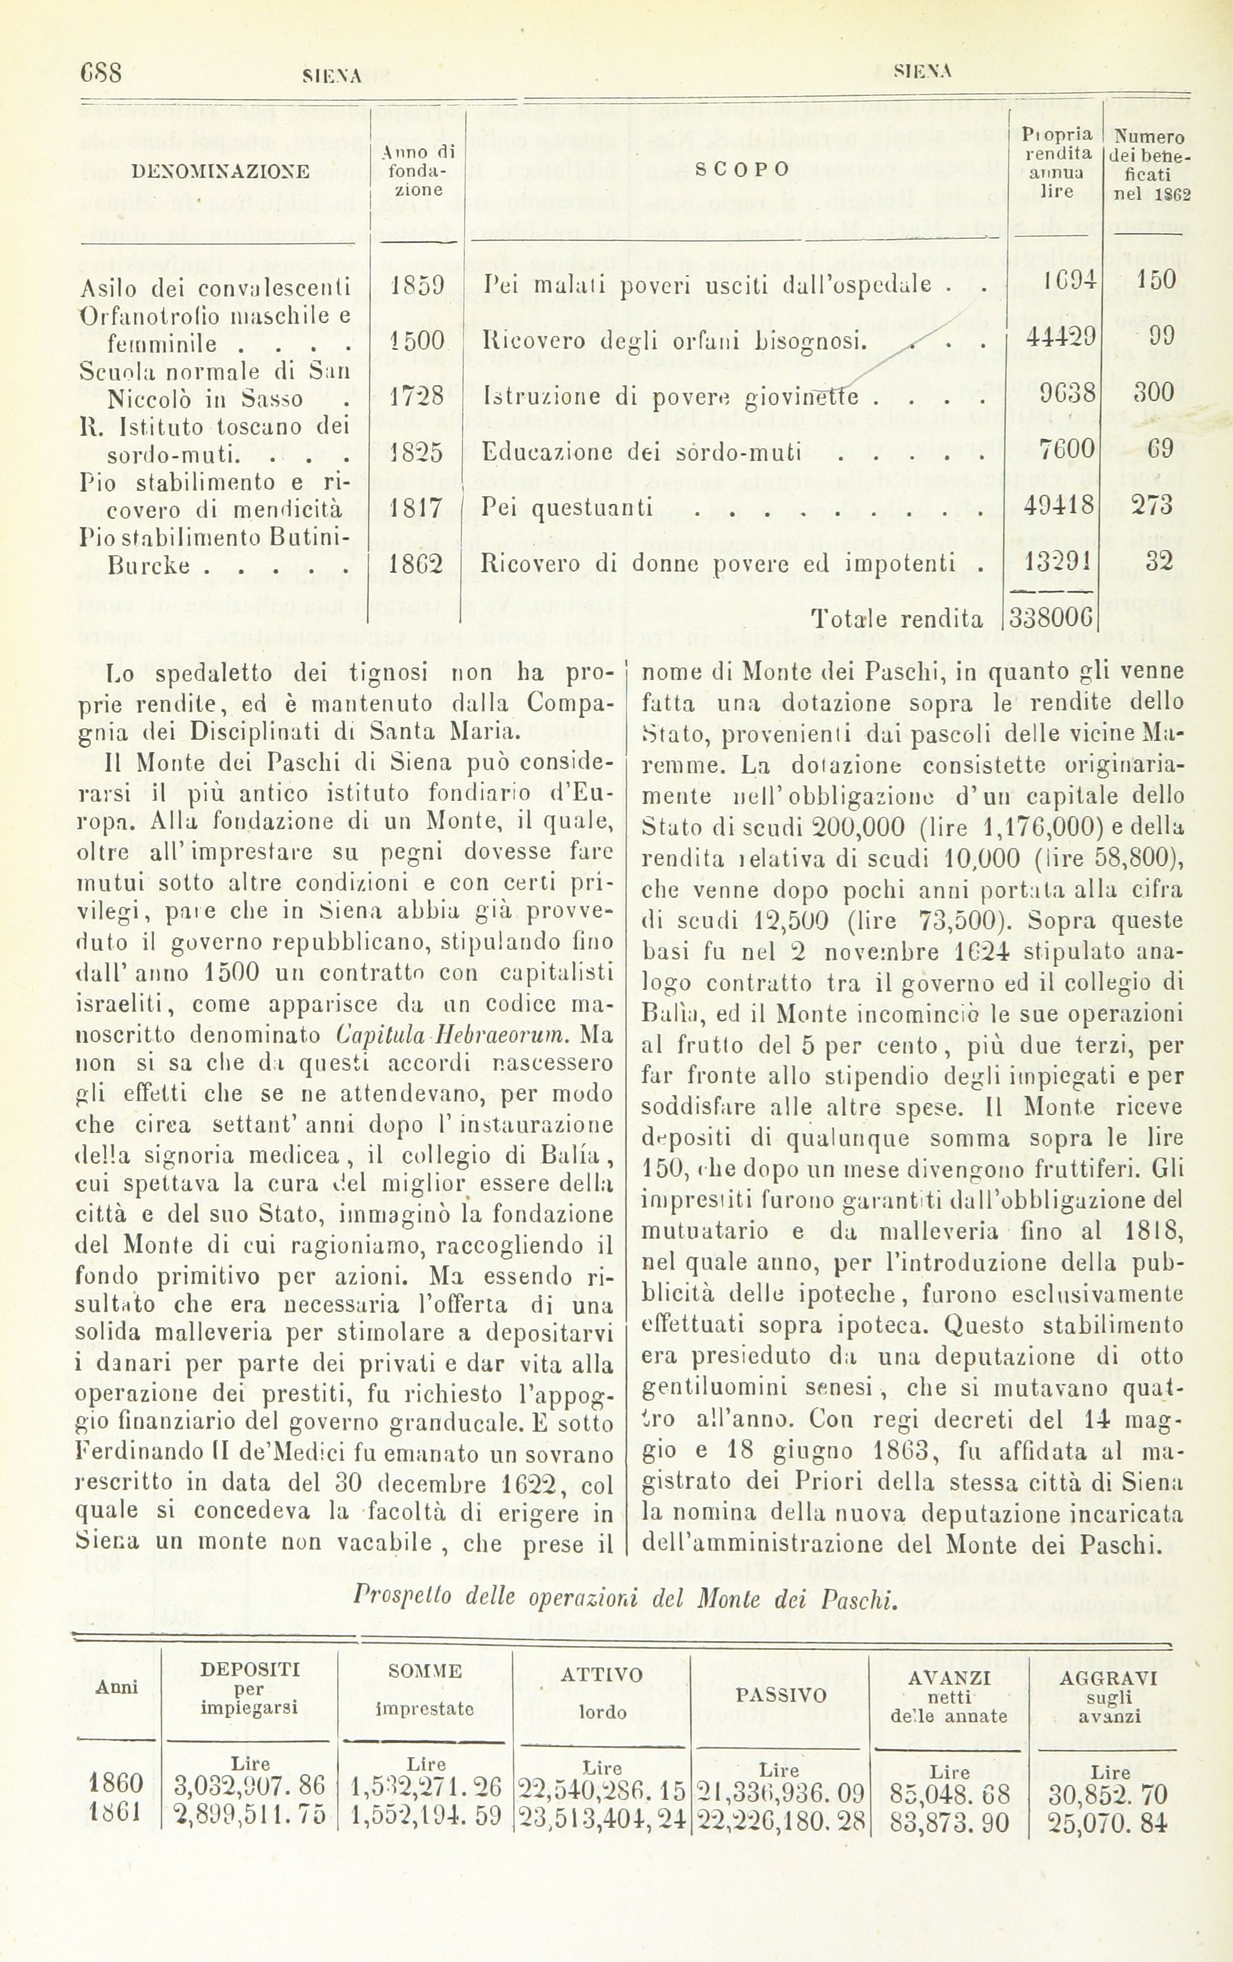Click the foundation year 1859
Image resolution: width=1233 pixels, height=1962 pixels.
pos(415,286)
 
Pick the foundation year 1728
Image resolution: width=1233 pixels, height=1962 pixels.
pos(415,397)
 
